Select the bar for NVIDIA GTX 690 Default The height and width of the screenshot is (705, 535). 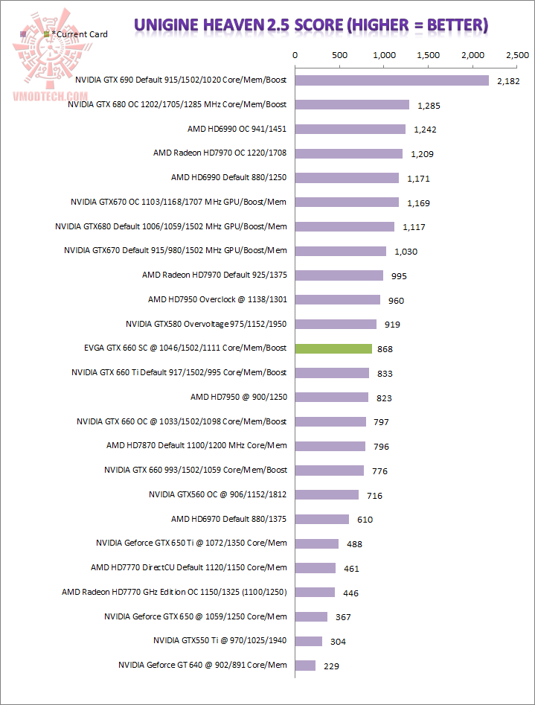(x=392, y=80)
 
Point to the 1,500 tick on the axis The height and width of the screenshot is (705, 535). (x=428, y=55)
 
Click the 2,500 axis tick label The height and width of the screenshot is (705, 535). (x=516, y=55)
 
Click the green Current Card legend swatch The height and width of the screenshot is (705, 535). (x=48, y=34)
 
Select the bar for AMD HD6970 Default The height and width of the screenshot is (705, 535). (x=322, y=519)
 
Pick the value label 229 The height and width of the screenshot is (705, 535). (x=333, y=666)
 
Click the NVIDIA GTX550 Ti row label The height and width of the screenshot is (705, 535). (x=220, y=640)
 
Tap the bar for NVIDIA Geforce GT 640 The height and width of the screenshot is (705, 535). (x=305, y=665)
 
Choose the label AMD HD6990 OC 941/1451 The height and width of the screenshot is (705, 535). (x=237, y=129)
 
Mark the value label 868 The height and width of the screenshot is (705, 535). (x=385, y=349)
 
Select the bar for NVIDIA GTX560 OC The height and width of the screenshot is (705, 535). (x=327, y=494)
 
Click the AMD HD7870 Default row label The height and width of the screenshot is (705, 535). (x=196, y=446)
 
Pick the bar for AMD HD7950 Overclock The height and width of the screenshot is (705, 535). (x=338, y=299)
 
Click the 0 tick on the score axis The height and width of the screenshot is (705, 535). (x=295, y=55)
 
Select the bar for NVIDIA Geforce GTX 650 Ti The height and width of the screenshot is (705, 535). (x=317, y=543)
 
